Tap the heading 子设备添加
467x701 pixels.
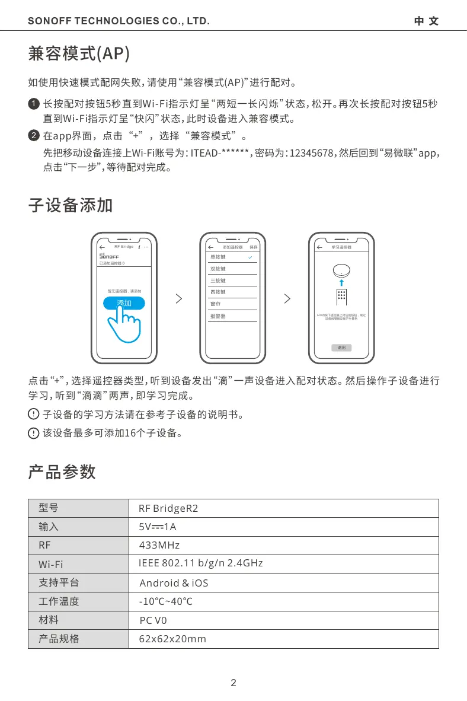click(71, 206)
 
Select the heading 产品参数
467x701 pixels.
click(62, 472)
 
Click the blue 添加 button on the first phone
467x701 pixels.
click(123, 303)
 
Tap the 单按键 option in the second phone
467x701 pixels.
click(218, 257)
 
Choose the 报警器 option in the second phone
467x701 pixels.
click(218, 316)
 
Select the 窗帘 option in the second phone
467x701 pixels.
click(216, 304)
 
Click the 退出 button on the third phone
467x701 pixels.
click(342, 348)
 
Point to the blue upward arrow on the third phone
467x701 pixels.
click(342, 282)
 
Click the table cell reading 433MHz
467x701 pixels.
click(159, 545)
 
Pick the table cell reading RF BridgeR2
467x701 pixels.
click(168, 508)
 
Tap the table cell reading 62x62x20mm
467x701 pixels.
click(172, 639)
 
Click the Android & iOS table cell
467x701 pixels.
click(174, 583)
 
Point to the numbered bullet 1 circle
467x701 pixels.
click(34, 104)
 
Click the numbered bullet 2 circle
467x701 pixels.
click(34, 136)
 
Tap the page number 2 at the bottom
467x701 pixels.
click(233, 683)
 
